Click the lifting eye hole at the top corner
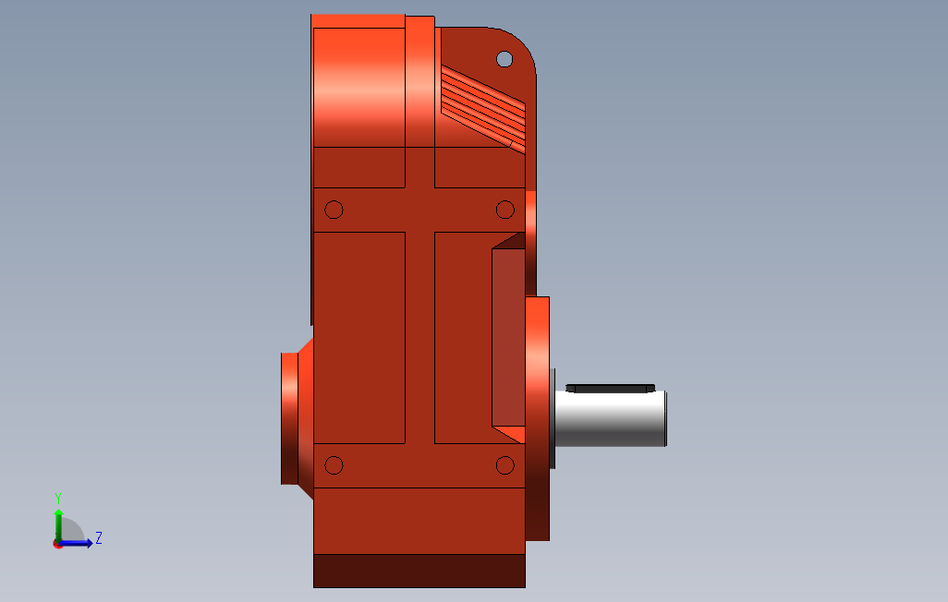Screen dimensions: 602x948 (x=504, y=59)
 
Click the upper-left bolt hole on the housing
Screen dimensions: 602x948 (x=334, y=210)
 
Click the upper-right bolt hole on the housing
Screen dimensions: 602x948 (x=504, y=210)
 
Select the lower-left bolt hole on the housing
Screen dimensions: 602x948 (x=334, y=465)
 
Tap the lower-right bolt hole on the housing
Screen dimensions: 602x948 (x=504, y=465)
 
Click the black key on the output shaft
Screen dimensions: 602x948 (x=610, y=387)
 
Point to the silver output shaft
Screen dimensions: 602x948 (x=610, y=419)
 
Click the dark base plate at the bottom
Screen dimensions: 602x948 (x=419, y=571)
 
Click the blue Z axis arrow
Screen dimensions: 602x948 (x=79, y=543)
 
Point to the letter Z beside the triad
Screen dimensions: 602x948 (x=99, y=537)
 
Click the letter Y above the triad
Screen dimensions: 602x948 (x=58, y=497)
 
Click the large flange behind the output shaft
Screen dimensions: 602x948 (x=538, y=417)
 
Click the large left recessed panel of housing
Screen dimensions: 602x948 (x=359, y=337)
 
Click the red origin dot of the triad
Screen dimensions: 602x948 (x=57, y=544)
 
